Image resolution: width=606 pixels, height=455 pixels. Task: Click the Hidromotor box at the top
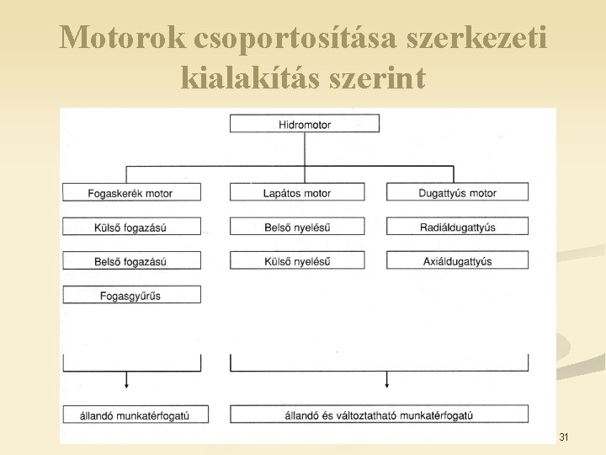[305, 124]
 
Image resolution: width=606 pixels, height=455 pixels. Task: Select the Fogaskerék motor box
[131, 193]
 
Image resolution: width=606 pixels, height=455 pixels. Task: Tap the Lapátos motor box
[297, 193]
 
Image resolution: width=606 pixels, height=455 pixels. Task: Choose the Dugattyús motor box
[458, 193]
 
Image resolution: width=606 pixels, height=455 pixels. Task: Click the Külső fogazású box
[131, 227]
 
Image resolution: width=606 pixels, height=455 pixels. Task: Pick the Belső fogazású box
[131, 261]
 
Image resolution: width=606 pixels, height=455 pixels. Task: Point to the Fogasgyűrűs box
[131, 296]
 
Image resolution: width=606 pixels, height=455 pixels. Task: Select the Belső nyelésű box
[297, 227]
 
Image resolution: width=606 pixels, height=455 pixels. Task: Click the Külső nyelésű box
[297, 261]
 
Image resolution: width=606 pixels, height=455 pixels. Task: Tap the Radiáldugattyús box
[458, 227]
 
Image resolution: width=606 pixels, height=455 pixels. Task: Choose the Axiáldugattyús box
[458, 261]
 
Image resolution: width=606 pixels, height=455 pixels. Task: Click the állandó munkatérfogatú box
[131, 415]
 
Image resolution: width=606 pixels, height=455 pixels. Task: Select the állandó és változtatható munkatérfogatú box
[380, 415]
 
